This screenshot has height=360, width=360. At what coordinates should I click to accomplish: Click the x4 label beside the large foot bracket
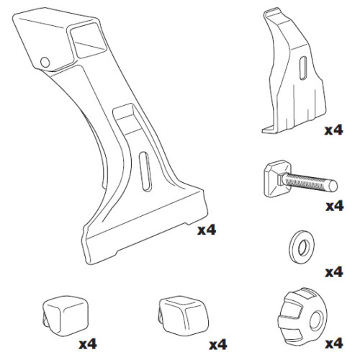point(207,230)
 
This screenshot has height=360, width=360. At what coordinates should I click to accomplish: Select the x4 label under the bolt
point(333,207)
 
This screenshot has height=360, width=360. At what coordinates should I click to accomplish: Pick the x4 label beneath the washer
point(333,272)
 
